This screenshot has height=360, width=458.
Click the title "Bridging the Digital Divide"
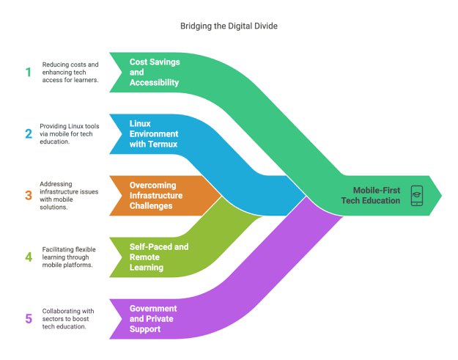(229, 26)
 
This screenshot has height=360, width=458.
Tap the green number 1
(29, 72)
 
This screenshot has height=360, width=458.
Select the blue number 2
(29, 133)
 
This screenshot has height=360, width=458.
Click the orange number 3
(29, 195)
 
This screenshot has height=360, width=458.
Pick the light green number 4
(29, 257)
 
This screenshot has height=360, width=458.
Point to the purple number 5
(29, 318)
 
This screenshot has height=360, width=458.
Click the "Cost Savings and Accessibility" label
(155, 72)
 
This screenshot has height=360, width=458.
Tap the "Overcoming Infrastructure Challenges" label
(161, 195)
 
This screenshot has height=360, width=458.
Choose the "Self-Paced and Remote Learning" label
(158, 257)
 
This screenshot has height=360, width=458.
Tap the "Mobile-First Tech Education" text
(371, 195)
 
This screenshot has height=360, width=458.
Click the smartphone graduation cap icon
(417, 195)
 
